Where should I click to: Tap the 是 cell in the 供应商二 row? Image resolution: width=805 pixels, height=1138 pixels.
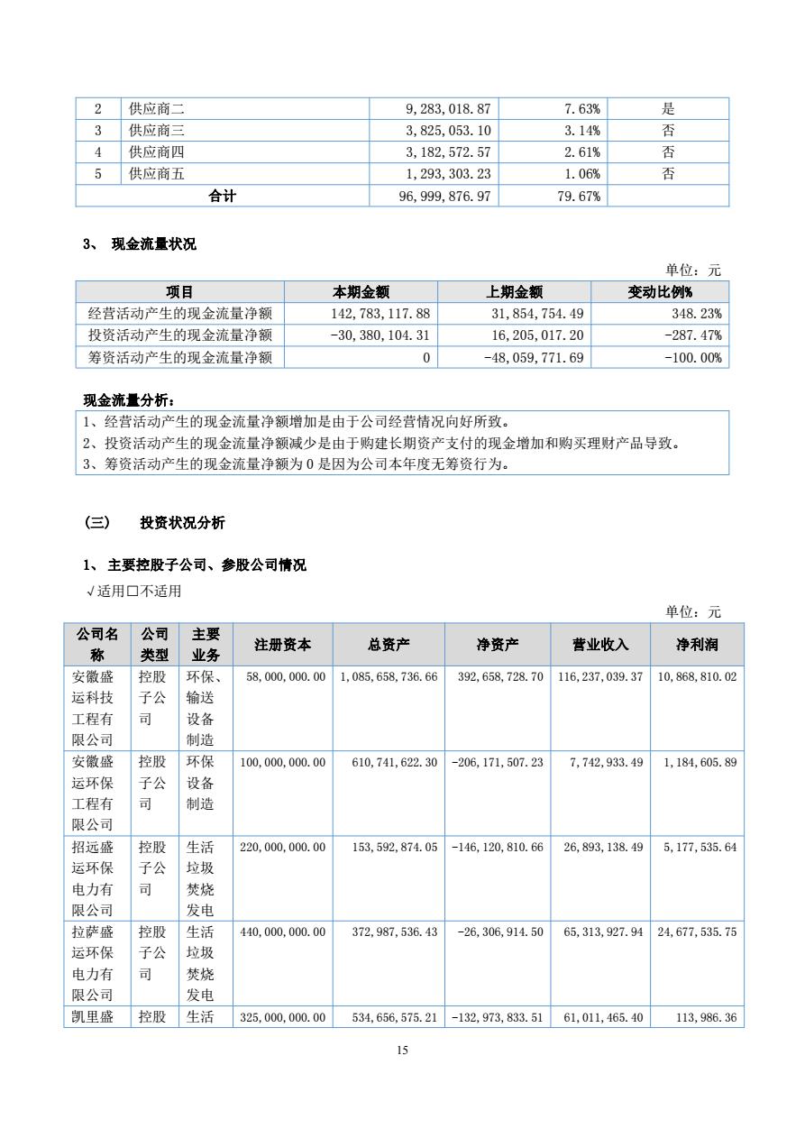(668, 109)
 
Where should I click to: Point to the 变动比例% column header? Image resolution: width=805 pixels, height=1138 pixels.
(666, 292)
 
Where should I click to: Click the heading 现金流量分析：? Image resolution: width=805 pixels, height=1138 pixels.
(130, 400)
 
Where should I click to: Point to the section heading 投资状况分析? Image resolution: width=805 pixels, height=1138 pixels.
(182, 523)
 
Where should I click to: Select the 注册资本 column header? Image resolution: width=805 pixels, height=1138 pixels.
(283, 645)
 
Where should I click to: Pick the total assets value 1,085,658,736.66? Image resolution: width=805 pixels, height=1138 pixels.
(389, 676)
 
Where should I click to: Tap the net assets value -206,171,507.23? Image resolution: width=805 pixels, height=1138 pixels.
(497, 763)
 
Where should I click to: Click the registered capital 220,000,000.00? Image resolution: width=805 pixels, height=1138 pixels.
(283, 848)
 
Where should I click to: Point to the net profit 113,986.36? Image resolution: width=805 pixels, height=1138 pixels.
(705, 1018)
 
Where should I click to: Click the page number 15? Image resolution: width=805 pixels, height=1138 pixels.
(402, 1050)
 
